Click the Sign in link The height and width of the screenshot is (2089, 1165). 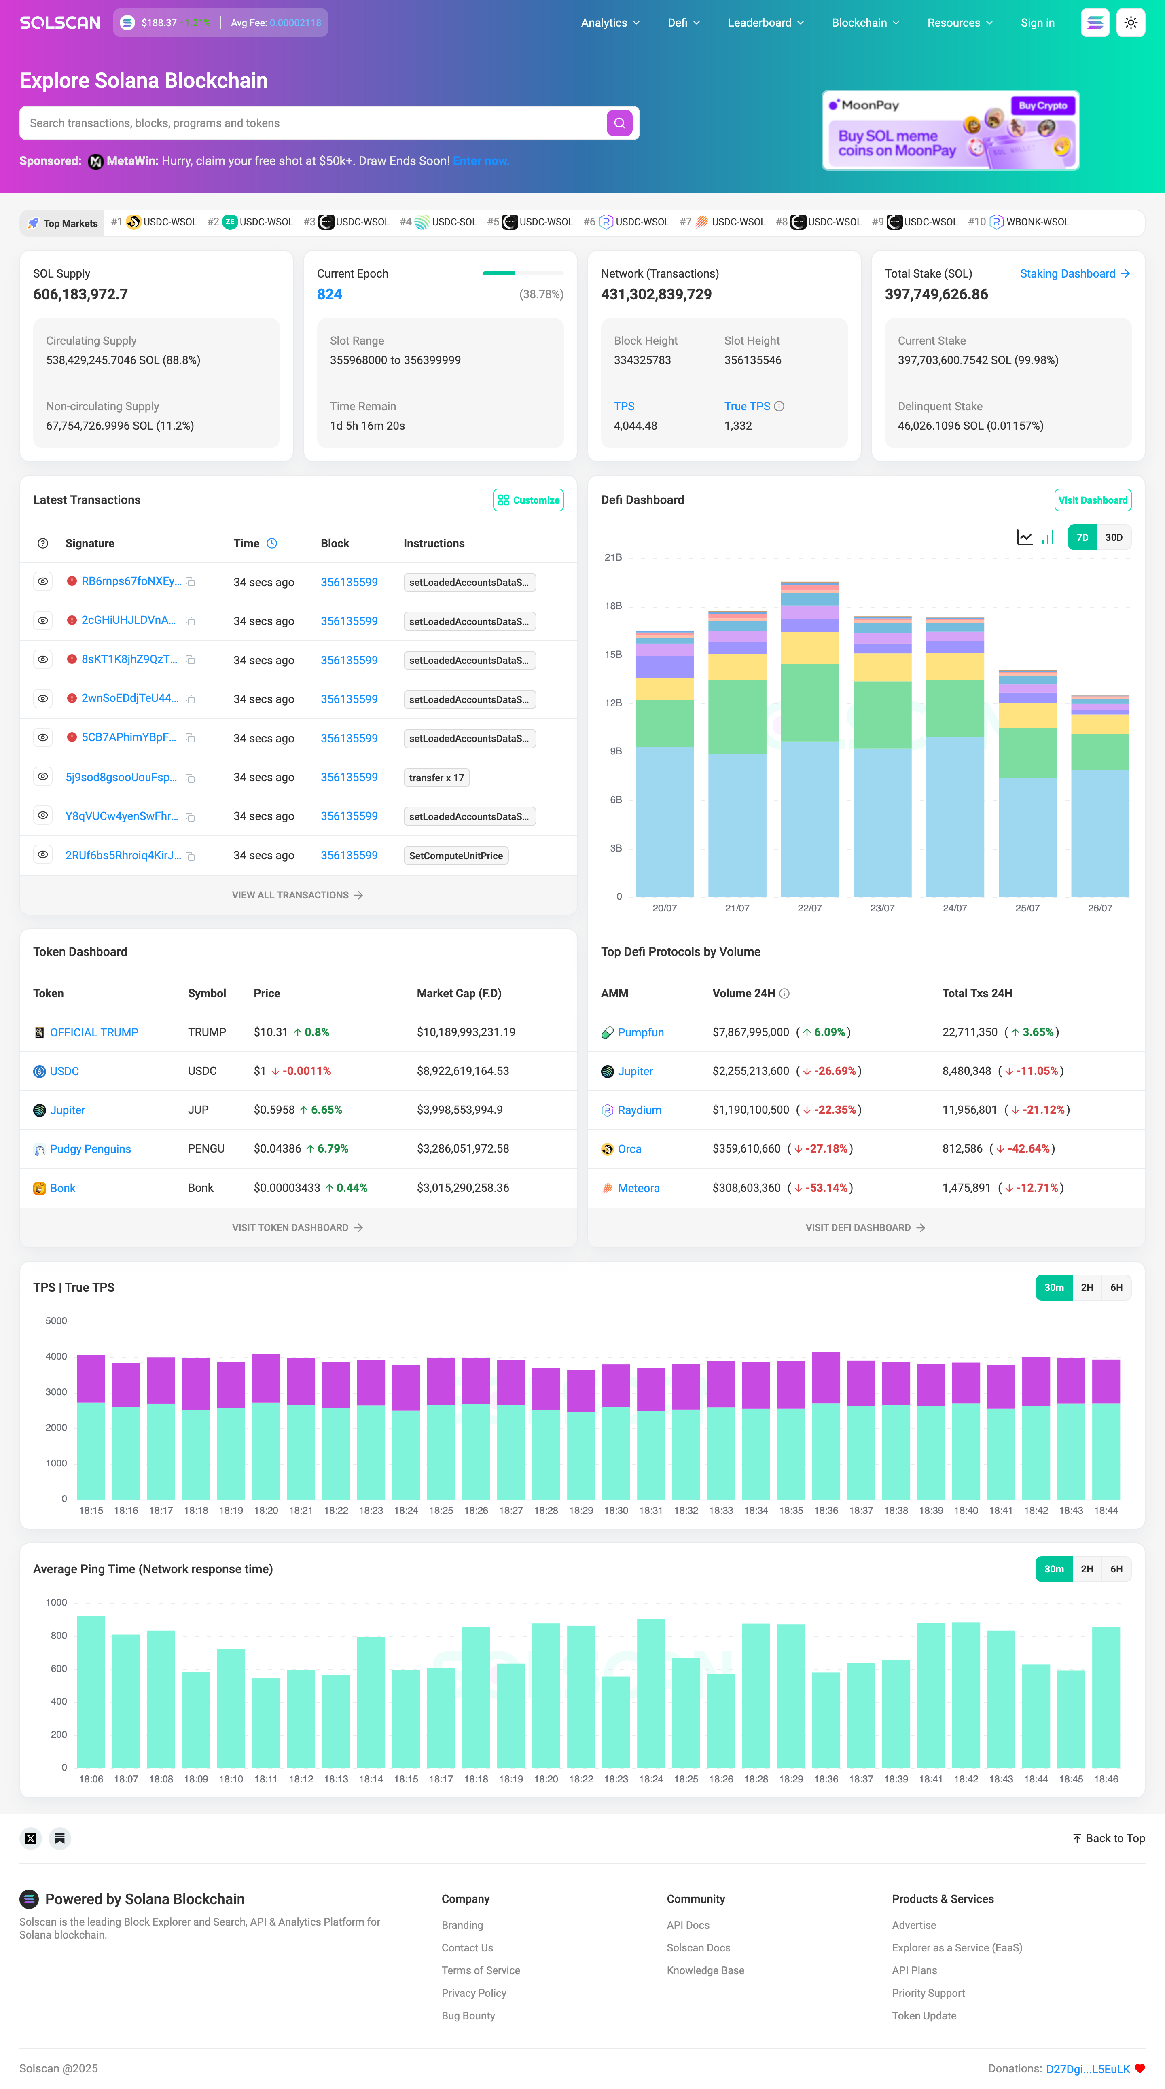coord(1037,23)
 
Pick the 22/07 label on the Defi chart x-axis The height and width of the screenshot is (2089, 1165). coord(809,908)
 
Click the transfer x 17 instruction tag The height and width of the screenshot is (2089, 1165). coord(436,778)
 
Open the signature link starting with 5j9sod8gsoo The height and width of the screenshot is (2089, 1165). coord(121,777)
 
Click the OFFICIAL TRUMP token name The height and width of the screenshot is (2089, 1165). coord(94,1032)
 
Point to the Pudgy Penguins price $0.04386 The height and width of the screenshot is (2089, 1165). coord(277,1149)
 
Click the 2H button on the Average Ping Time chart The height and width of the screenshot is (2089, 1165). coord(1087,1569)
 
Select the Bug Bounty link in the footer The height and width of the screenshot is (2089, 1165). coord(468,2016)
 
